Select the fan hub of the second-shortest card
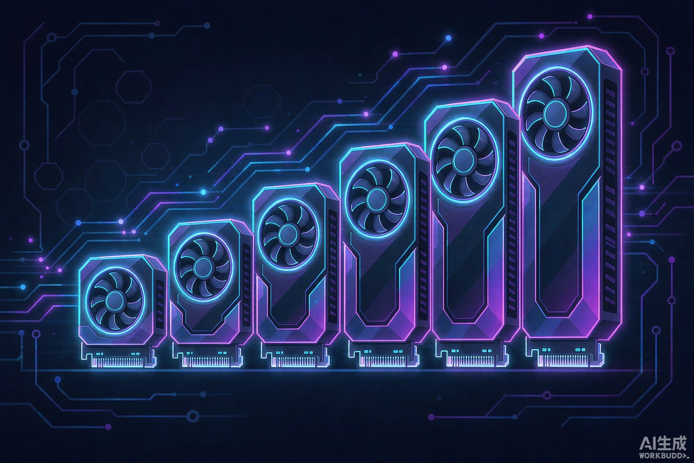pos(203,266)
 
